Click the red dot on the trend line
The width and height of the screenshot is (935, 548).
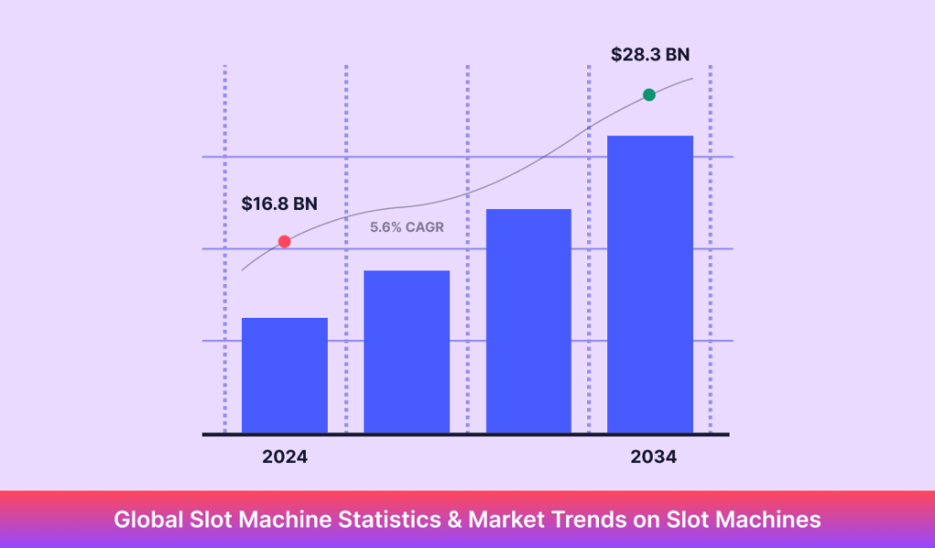[284, 242]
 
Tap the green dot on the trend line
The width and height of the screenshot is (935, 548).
[649, 95]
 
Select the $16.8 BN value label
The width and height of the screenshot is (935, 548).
[279, 204]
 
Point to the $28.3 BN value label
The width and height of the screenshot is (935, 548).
[650, 55]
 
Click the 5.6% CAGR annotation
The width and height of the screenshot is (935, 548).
[406, 227]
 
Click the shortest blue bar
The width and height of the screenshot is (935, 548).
[284, 375]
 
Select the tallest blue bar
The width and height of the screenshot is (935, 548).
[650, 284]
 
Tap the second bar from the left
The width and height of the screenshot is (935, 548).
[406, 352]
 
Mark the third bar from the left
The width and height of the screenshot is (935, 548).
[529, 321]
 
